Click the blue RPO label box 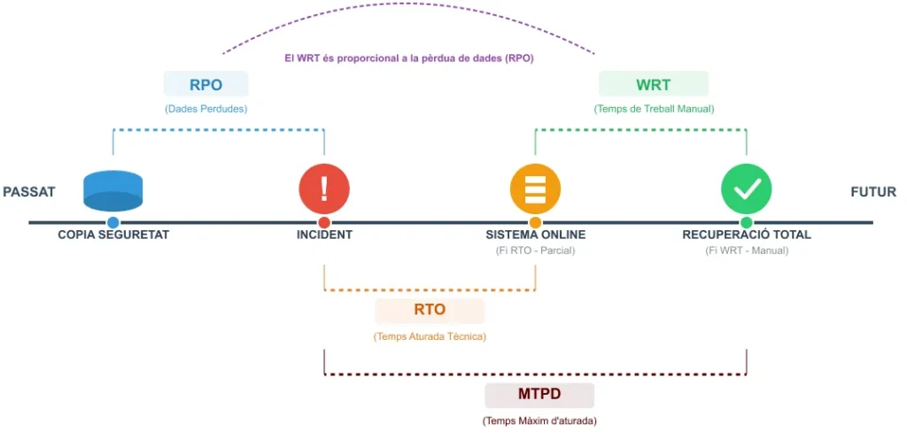click(x=205, y=85)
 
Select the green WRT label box click(x=654, y=85)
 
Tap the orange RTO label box click(x=430, y=311)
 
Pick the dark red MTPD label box click(x=539, y=394)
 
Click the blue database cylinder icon click(x=112, y=190)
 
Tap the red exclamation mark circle click(x=324, y=189)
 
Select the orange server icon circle click(x=535, y=189)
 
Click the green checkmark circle click(x=747, y=189)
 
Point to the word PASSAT click(x=29, y=192)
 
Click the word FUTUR click(x=873, y=192)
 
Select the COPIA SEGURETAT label click(x=113, y=235)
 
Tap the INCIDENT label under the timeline click(x=324, y=235)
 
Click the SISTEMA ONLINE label click(x=535, y=235)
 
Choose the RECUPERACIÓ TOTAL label click(x=747, y=235)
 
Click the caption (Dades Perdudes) click(x=205, y=109)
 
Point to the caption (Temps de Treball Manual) click(x=654, y=109)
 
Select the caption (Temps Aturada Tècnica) click(x=430, y=336)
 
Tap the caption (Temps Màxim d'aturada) click(x=539, y=421)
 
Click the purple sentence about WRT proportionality click(x=408, y=58)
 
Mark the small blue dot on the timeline click(x=112, y=222)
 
